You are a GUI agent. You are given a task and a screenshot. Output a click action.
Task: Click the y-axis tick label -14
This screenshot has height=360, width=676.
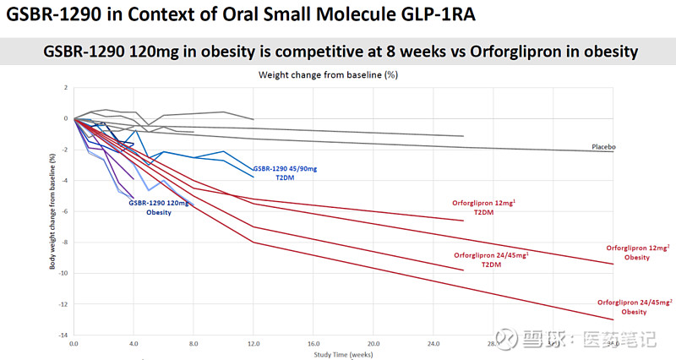coord(63,335)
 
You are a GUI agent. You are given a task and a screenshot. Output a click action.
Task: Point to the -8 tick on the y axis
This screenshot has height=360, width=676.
coord(64,243)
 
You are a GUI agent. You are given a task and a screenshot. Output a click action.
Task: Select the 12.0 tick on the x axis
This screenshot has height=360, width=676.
coord(253,345)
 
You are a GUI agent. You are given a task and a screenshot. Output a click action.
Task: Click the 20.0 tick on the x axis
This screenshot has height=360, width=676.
coord(373,345)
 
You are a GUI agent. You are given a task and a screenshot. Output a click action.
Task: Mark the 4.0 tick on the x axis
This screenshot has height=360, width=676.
coord(134,345)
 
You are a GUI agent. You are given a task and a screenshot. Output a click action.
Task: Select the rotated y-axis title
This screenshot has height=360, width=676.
coord(52,210)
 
